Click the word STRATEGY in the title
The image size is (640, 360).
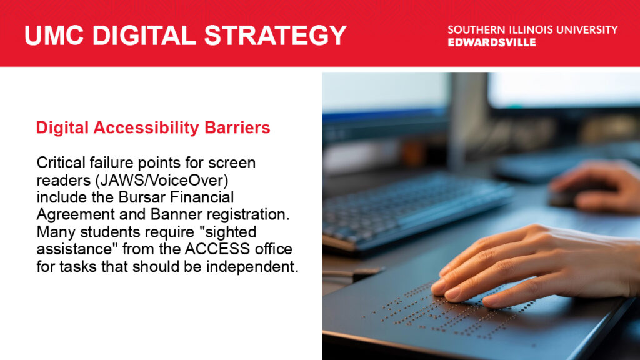[x=275, y=35]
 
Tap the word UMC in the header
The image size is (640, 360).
[x=54, y=35]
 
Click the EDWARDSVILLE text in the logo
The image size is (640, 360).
[x=492, y=42]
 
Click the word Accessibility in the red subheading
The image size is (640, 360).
[x=146, y=127]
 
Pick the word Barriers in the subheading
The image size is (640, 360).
[x=237, y=127]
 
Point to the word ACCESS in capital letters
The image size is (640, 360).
[x=217, y=249]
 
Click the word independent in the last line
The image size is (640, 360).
[x=252, y=266]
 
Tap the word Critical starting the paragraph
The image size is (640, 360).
[x=61, y=162]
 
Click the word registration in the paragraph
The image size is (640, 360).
[x=248, y=215]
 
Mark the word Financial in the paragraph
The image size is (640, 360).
[x=202, y=197]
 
